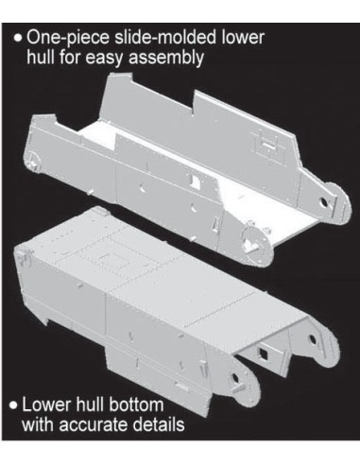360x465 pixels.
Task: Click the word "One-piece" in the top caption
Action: coord(68,38)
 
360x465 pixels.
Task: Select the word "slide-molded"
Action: coord(165,37)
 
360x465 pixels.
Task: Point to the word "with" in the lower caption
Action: coord(39,424)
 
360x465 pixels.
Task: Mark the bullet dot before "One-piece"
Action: coord(18,39)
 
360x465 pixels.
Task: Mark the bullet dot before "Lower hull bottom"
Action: coord(13,405)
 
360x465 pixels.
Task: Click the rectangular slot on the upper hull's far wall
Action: coord(268,146)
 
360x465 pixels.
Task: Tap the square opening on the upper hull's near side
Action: coord(196,181)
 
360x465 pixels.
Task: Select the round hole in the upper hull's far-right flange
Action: coord(322,202)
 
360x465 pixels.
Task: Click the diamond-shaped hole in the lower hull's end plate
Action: coord(263,354)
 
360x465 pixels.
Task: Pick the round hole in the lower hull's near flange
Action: coord(235,378)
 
